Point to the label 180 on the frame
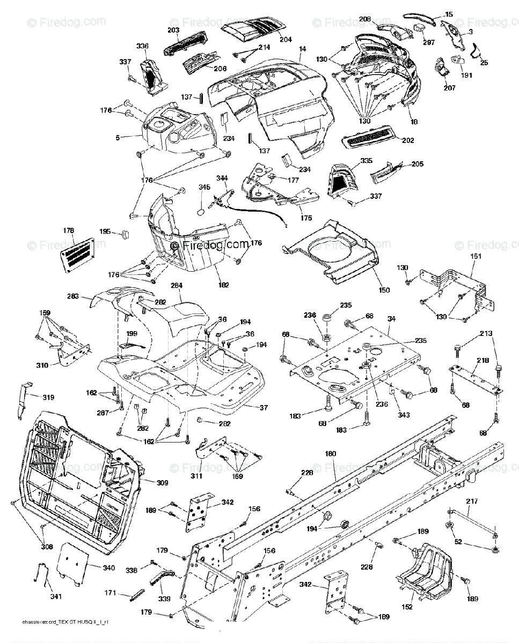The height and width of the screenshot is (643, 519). [x=331, y=454]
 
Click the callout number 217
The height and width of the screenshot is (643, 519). [x=471, y=502]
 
